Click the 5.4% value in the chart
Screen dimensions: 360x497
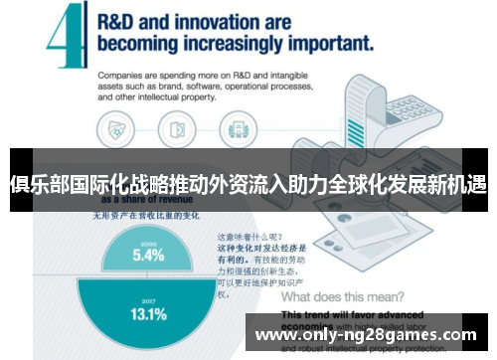coord(148,255)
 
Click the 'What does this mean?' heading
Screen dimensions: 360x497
coord(342,297)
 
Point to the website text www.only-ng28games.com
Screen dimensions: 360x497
coord(366,334)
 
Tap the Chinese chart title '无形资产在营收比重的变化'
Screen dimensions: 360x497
coord(146,214)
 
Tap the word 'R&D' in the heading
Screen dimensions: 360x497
coord(122,22)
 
